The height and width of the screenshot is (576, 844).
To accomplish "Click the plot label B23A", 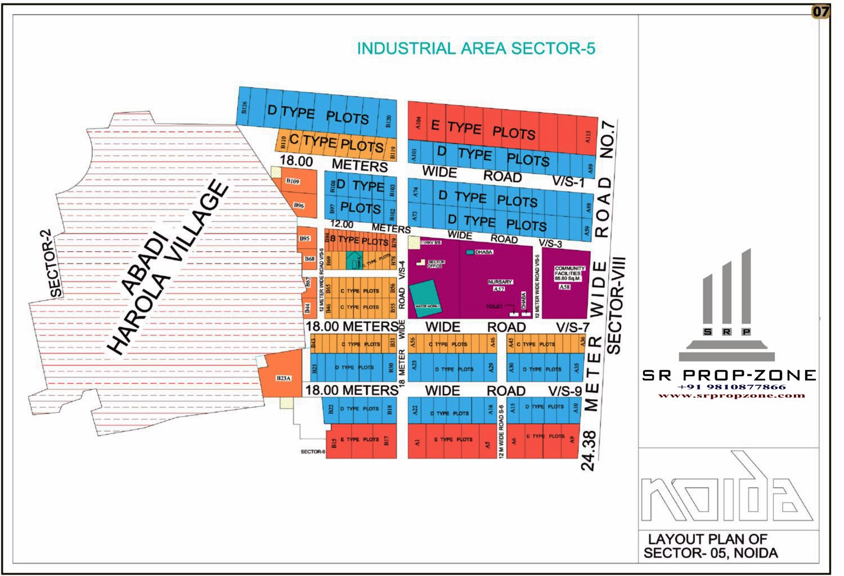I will point(284,378).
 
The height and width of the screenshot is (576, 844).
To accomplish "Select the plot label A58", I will point(564,287).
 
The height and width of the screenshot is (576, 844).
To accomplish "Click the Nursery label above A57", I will point(500,282).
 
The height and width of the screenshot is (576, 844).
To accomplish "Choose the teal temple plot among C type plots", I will point(353,261).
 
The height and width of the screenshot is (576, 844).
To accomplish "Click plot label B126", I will point(244,107).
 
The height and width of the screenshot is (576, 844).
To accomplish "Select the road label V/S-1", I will point(568,182).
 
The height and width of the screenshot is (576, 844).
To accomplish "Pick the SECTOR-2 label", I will point(57,263).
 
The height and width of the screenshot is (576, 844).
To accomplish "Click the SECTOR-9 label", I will point(312,452).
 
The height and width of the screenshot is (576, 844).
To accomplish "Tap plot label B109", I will point(292,181).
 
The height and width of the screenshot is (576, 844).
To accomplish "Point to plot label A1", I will point(417,443).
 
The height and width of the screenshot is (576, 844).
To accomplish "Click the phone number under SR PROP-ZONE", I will point(731,387).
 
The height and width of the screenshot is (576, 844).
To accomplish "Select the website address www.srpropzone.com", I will point(731,395).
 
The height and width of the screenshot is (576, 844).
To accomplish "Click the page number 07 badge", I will point(820,11).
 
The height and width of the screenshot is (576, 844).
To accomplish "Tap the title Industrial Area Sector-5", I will point(476,48).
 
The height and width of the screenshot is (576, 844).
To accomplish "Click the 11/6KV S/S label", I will point(430,243).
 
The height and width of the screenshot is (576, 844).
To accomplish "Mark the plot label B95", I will point(304,239).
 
